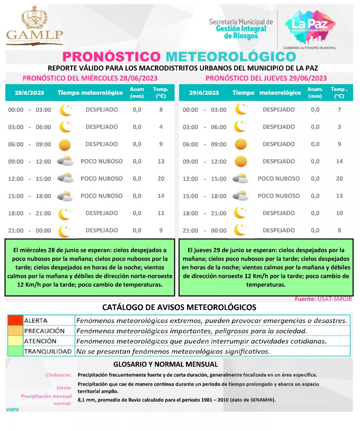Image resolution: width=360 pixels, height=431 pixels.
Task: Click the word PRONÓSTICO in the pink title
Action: click(111, 57)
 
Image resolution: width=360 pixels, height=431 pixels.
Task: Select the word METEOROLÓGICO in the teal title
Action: click(231, 57)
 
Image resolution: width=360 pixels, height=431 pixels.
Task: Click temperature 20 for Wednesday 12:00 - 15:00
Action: click(161, 179)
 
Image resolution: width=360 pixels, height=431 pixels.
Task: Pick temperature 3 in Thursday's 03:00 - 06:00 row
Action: click(339, 127)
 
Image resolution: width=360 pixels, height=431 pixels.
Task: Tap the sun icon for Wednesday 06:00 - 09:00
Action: click(65, 145)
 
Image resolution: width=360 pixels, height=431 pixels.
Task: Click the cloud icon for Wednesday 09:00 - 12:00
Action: click(65, 161)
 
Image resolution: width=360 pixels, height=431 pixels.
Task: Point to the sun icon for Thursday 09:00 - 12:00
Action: click(241, 162)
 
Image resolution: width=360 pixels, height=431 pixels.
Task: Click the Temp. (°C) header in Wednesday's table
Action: click(161, 93)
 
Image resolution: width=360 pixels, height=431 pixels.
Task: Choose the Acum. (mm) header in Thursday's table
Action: click(315, 93)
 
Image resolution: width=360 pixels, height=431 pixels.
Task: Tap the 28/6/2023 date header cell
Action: click(29, 93)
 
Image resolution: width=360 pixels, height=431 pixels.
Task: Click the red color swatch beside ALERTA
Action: click(15, 320)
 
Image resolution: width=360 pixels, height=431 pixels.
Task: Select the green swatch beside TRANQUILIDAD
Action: click(15, 351)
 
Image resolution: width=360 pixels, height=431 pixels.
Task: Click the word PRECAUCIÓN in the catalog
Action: click(44, 331)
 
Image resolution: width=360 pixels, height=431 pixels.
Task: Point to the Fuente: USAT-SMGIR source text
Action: click(323, 299)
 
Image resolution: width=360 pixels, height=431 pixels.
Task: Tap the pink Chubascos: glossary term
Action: click(59, 375)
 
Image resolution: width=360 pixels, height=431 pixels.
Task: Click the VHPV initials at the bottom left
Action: click(13, 410)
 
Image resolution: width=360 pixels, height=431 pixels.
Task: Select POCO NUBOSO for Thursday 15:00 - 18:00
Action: click(278, 196)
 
